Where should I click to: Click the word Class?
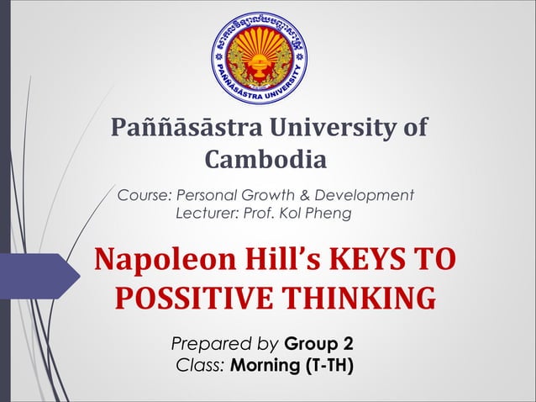(200, 366)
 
